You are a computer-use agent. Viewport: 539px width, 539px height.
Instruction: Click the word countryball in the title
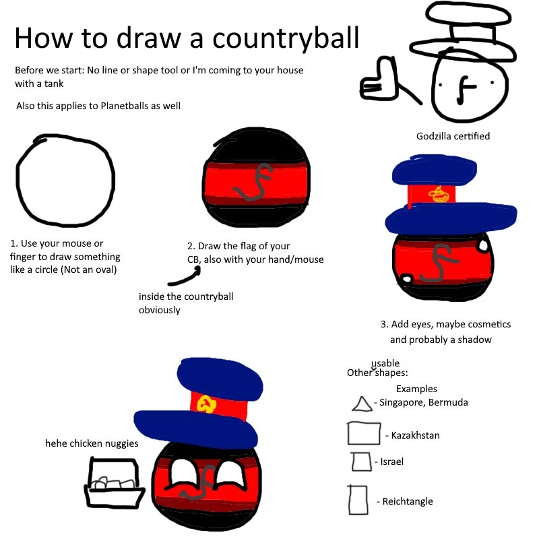coord(286,39)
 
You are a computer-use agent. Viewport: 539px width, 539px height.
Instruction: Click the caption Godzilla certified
coord(453,136)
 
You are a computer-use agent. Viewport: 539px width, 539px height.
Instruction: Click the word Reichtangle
coord(408,501)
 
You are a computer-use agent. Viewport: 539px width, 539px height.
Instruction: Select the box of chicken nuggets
coord(114,482)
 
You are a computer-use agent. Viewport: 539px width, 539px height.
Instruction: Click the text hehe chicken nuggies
coord(92,443)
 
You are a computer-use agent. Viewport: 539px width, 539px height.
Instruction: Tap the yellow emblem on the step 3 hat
coord(439,194)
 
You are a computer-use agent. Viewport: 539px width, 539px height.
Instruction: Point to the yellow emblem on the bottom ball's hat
coord(206,404)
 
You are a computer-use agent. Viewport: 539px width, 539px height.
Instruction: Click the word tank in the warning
coord(54,84)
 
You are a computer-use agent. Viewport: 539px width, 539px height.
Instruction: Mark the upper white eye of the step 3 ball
coord(482,245)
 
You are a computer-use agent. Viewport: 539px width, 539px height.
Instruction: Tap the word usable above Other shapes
coord(385,363)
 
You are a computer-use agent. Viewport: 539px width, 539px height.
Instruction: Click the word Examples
coord(416,389)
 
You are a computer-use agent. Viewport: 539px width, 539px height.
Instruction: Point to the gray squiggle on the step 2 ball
coord(253,182)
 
